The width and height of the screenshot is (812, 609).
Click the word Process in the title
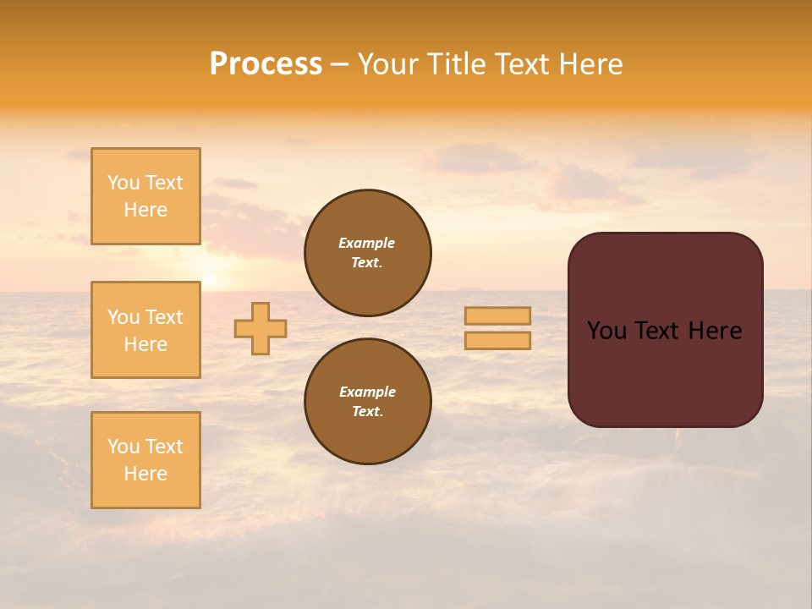pyautogui.click(x=266, y=64)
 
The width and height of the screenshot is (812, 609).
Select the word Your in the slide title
pyautogui.click(x=388, y=64)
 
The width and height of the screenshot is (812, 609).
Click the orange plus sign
pyautogui.click(x=261, y=328)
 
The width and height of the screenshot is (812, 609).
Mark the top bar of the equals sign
pyautogui.click(x=497, y=315)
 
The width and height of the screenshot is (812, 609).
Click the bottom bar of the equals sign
pyautogui.click(x=497, y=341)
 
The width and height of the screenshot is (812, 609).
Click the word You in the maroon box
pyautogui.click(x=606, y=331)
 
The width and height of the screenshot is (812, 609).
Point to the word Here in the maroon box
pyautogui.click(x=715, y=331)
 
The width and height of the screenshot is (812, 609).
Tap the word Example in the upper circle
pyautogui.click(x=367, y=243)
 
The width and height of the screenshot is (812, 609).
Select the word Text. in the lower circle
pyautogui.click(x=367, y=411)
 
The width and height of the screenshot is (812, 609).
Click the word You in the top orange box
pyautogui.click(x=123, y=183)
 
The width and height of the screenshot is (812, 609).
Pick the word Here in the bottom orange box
pyautogui.click(x=145, y=474)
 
